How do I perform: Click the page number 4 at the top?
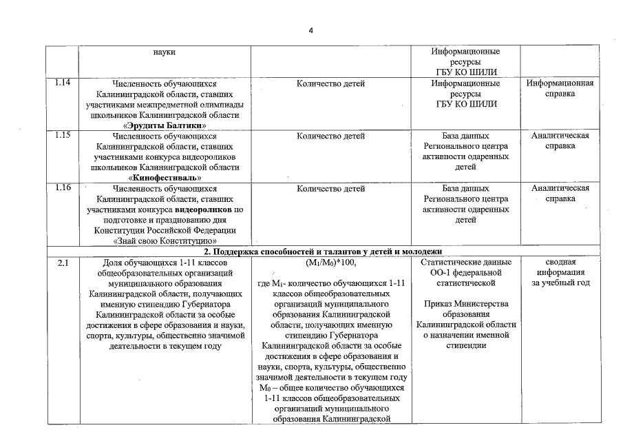click(310, 30)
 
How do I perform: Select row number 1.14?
click(62, 83)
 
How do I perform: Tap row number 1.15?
click(62, 136)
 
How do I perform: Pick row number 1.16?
click(62, 188)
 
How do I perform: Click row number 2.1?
click(62, 263)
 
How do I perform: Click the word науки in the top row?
click(164, 52)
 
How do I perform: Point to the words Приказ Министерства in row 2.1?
click(466, 304)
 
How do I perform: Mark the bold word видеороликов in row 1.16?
click(202, 209)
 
